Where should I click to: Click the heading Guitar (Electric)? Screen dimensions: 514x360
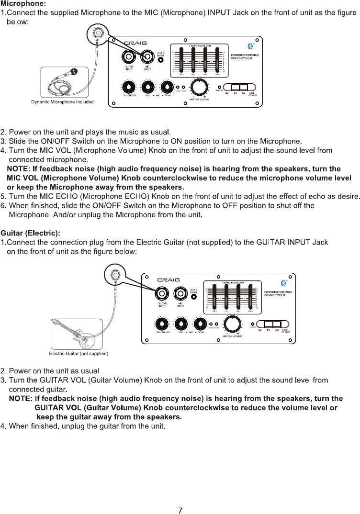click(30, 233)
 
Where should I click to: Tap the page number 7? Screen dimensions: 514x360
click(180, 510)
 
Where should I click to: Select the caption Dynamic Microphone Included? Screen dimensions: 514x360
click(62, 102)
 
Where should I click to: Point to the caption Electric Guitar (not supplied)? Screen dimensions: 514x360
click(79, 354)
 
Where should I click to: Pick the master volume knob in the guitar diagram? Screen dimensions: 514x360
click(232, 324)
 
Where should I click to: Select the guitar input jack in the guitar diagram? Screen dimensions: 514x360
click(162, 293)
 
